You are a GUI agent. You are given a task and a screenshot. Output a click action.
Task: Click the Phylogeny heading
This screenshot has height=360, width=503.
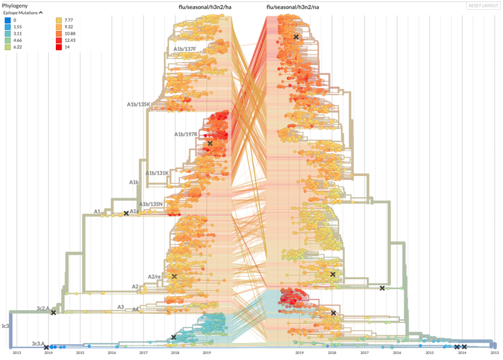(16, 5)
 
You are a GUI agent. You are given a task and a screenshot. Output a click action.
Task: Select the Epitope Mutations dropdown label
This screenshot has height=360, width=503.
(23, 12)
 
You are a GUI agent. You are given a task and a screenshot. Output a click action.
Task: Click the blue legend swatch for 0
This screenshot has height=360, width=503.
(7, 20)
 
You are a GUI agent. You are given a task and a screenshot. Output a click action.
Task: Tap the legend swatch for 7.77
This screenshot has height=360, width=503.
(59, 20)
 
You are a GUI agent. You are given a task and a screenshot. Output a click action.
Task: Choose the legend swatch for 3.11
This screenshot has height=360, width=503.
(7, 34)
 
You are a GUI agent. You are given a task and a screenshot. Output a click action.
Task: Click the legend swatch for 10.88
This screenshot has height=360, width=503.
(59, 34)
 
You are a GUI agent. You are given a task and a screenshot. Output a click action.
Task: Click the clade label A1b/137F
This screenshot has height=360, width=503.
(185, 49)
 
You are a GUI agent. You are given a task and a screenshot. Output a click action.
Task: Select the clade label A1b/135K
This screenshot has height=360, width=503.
(139, 104)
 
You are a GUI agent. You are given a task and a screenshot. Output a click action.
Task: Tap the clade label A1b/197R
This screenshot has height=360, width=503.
(186, 135)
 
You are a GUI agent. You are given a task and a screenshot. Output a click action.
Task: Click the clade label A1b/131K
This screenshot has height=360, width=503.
(158, 173)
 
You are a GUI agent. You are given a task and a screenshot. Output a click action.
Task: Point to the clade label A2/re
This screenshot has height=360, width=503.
(154, 277)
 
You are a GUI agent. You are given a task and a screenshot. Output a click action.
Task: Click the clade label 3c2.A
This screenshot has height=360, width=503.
(43, 307)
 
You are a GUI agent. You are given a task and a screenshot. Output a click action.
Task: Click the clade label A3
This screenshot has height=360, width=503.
(121, 307)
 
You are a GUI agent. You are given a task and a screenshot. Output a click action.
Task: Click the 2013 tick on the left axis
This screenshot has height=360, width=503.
(16, 353)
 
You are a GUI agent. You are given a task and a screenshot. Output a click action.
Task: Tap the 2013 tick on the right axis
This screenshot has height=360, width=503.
(494, 353)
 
